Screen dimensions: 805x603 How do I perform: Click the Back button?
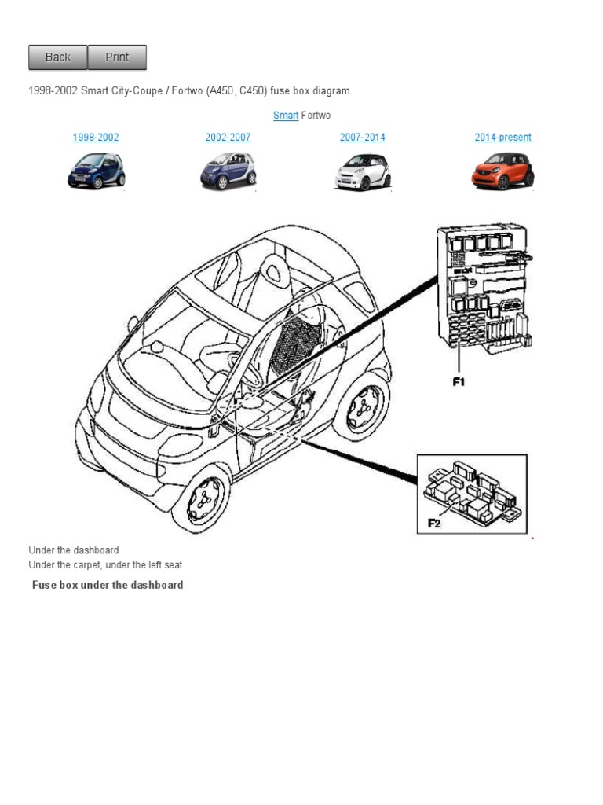[x=57, y=57]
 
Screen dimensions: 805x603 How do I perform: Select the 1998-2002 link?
[x=96, y=138]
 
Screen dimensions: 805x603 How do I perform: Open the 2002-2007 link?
[x=228, y=138]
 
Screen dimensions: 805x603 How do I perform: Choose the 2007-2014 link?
[x=362, y=138]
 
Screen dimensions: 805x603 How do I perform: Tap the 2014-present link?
[x=502, y=138]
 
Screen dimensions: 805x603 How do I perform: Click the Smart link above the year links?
[x=286, y=116]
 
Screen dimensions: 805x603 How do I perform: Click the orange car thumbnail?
[x=502, y=171]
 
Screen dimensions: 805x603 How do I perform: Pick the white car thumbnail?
[x=362, y=171]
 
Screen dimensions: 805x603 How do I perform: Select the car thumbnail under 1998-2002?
[x=96, y=171]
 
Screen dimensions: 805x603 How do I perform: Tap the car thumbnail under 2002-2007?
[x=228, y=171]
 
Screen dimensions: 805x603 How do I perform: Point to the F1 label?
[x=459, y=382]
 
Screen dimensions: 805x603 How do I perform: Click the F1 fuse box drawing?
[x=484, y=287]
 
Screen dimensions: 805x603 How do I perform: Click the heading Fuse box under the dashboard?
[x=108, y=585]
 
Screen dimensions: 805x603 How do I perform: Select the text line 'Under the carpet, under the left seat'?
[x=105, y=564]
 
